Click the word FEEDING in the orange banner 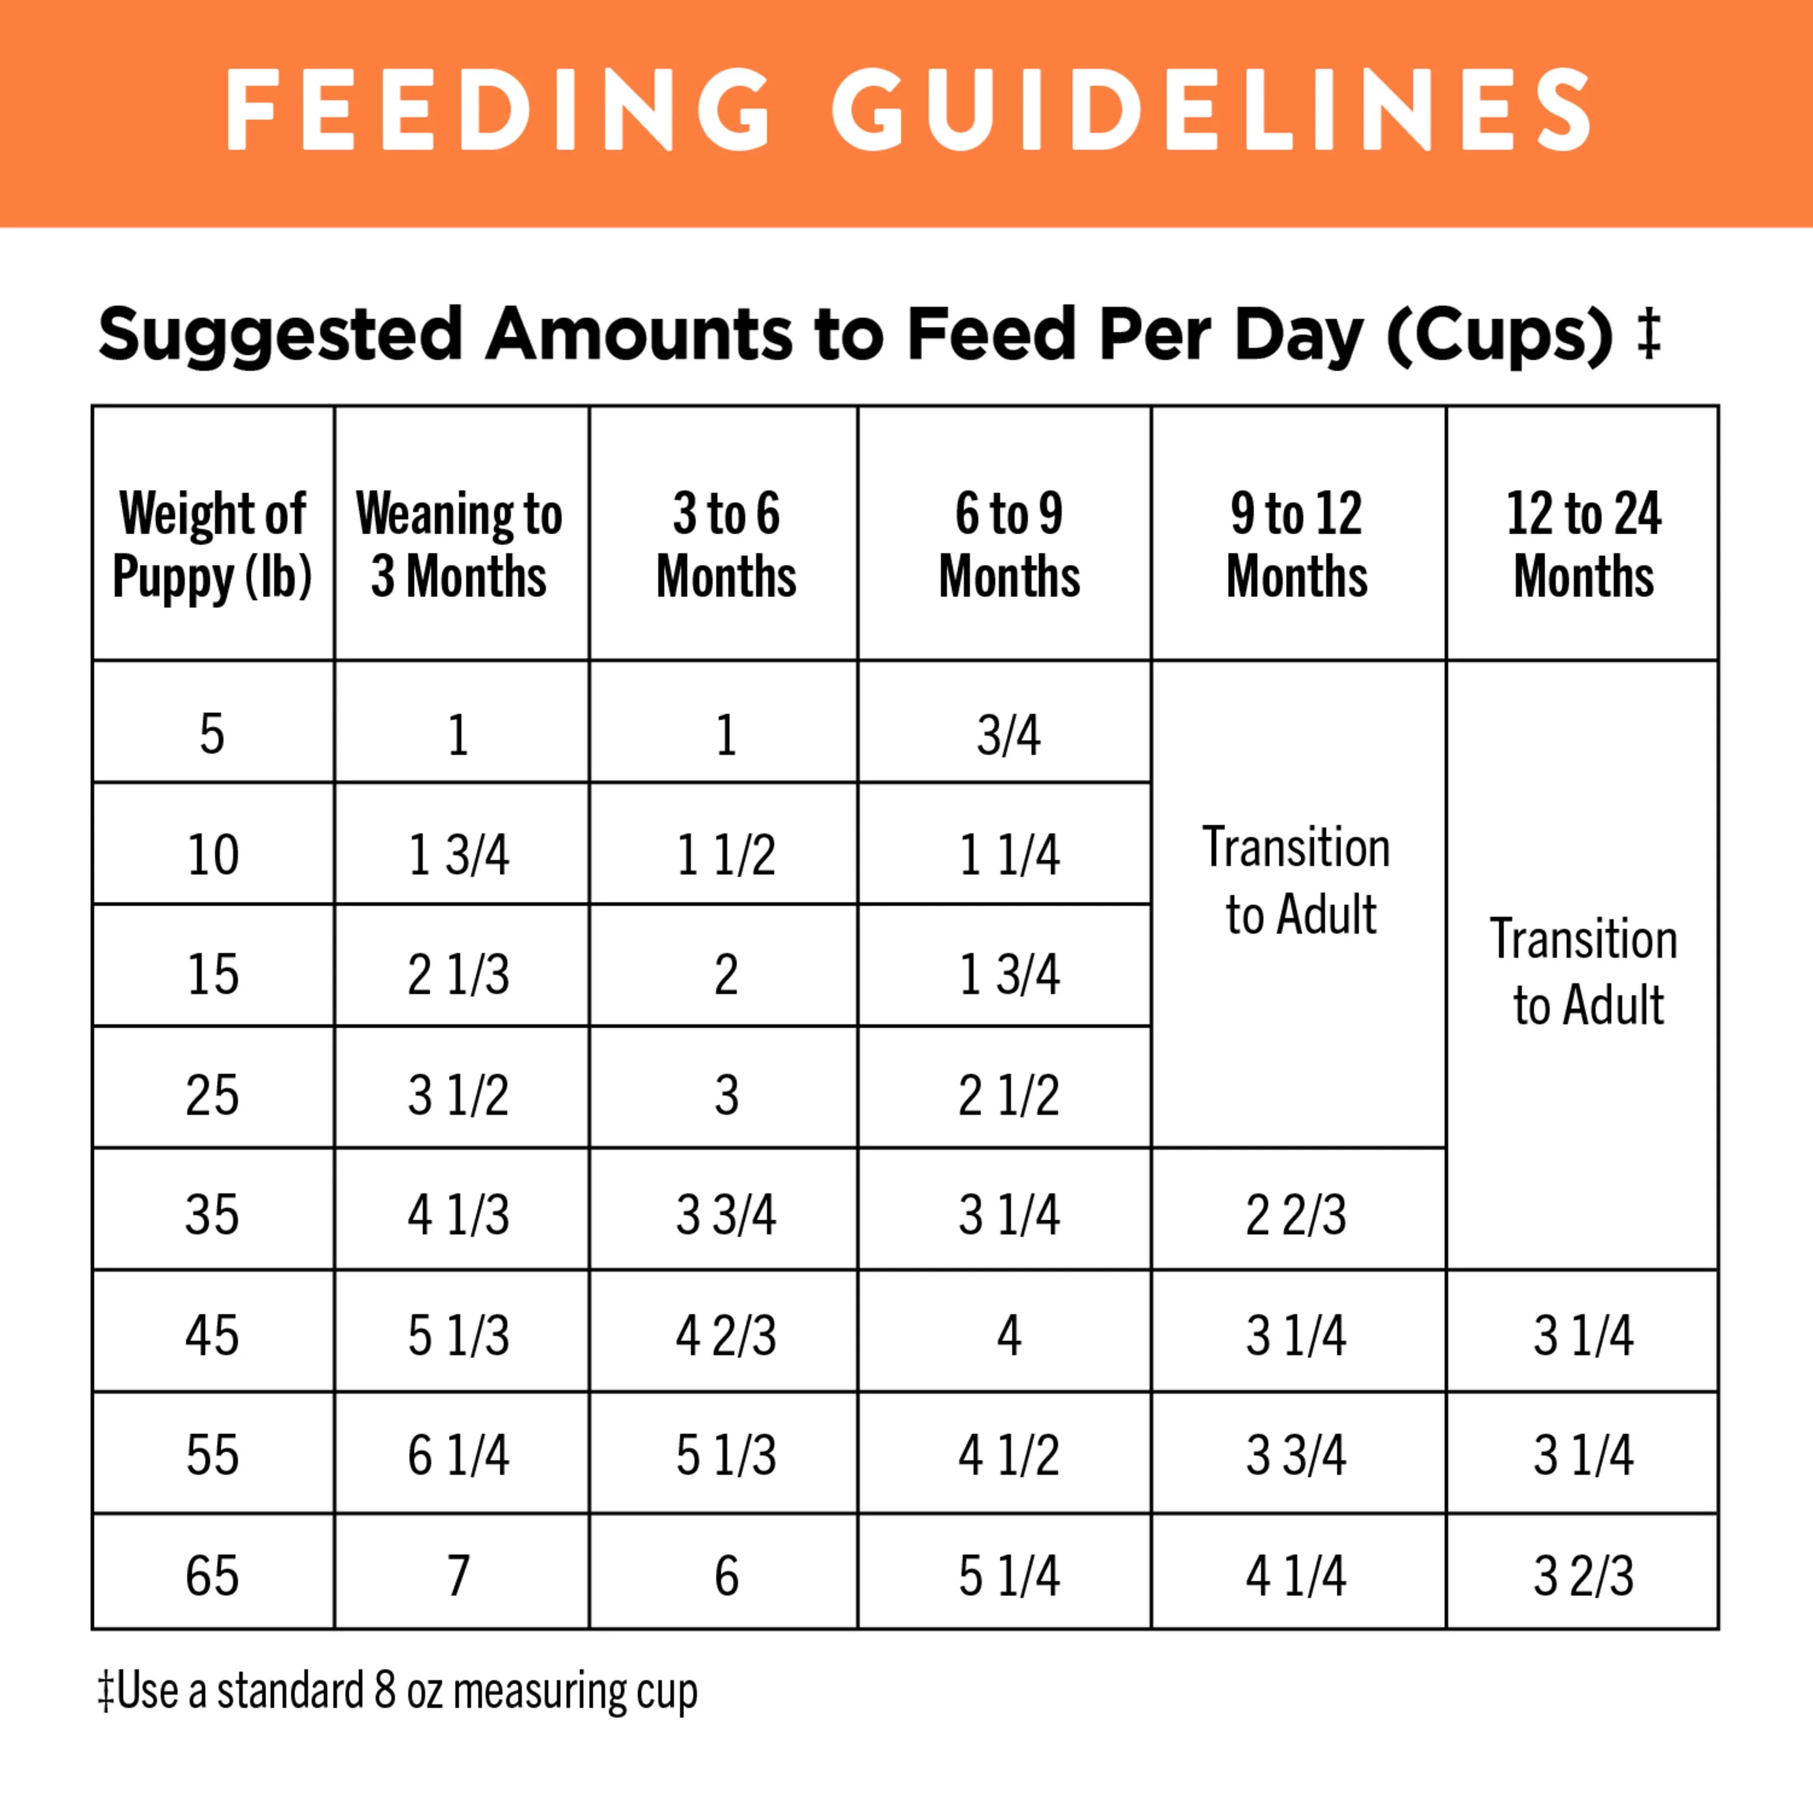coord(497,110)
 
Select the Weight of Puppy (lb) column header coord(213,545)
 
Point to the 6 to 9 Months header coord(1009,545)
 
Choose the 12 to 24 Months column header coord(1583,545)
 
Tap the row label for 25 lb coord(212,1095)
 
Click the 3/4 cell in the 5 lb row coord(1009,735)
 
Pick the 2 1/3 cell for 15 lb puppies coord(459,975)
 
